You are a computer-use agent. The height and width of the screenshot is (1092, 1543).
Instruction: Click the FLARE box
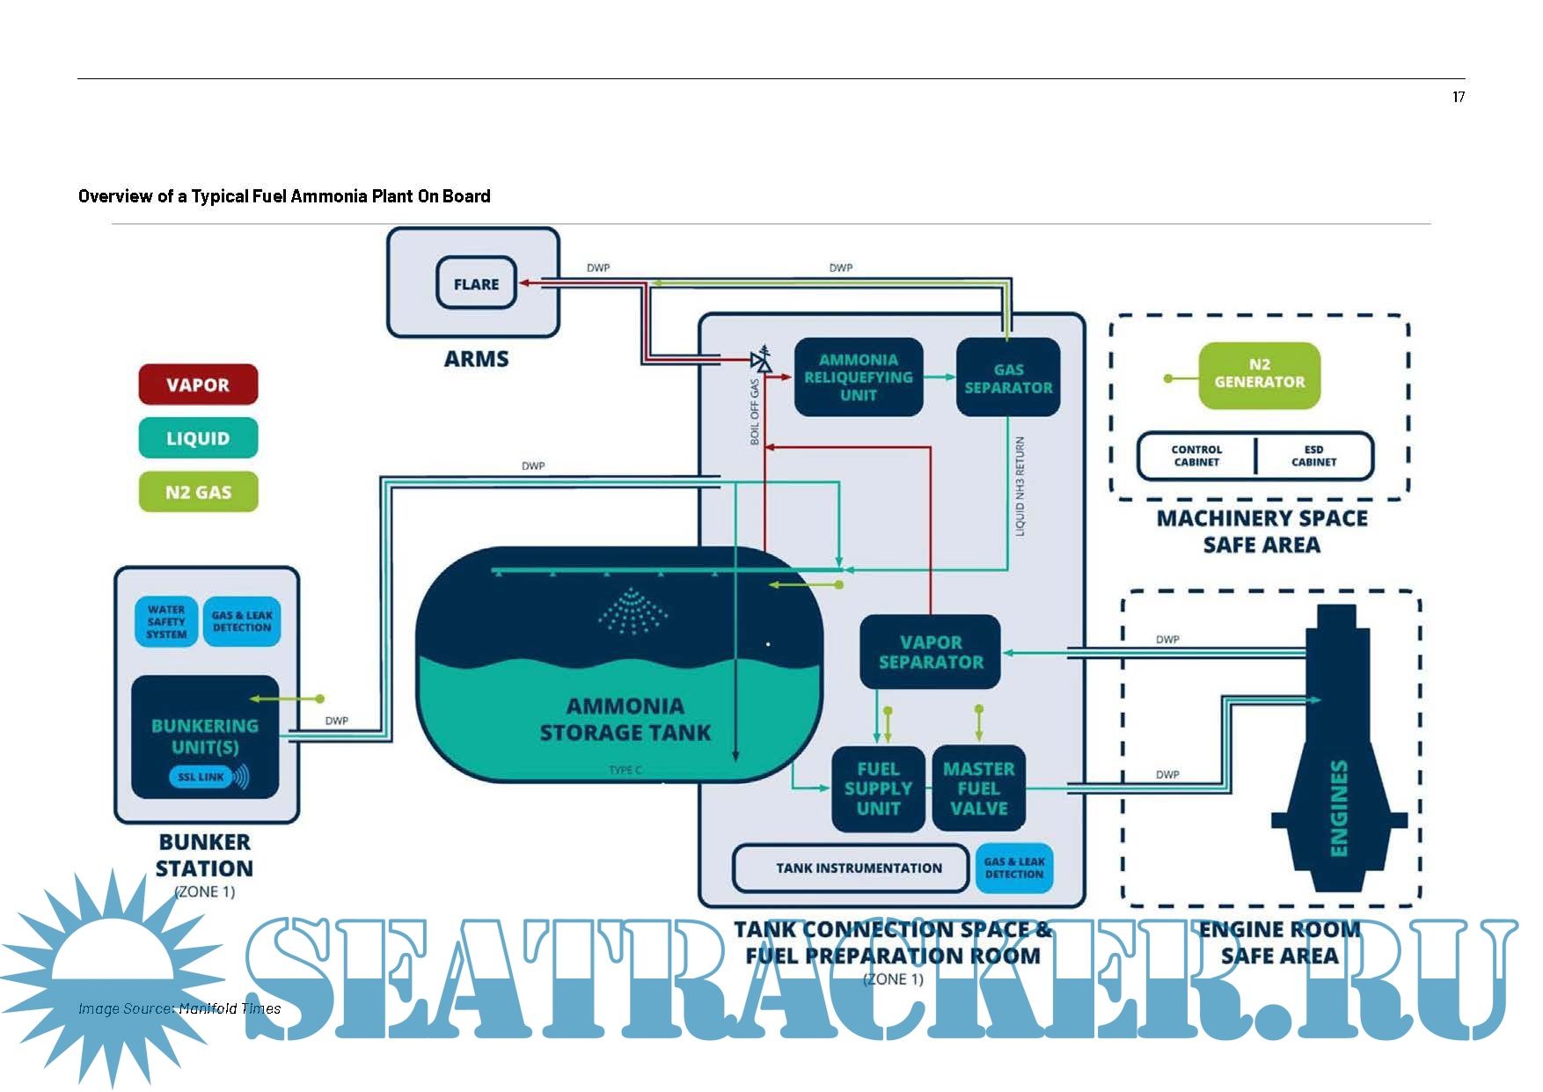[x=476, y=283]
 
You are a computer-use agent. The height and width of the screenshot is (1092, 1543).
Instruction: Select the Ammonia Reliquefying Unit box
[x=858, y=377]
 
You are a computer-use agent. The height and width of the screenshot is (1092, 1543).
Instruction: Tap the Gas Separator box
[x=1008, y=378]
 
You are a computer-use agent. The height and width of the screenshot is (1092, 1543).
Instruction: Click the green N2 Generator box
[x=1259, y=374]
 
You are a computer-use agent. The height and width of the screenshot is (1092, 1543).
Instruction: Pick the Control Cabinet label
[x=1196, y=456]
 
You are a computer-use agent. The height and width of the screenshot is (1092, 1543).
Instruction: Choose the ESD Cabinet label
[x=1313, y=456]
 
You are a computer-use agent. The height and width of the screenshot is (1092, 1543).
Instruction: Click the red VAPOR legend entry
[x=198, y=385]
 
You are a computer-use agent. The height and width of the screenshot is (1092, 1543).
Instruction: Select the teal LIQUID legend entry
[x=198, y=438]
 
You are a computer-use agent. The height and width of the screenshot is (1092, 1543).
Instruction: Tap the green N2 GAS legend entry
[x=198, y=492]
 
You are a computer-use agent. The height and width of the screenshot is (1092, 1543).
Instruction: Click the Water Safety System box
[x=166, y=622]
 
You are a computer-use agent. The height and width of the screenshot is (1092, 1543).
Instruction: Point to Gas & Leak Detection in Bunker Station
[x=242, y=622]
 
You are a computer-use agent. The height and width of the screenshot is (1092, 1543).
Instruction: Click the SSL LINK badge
[x=201, y=777]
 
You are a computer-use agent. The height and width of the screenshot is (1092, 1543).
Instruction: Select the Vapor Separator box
[x=931, y=652]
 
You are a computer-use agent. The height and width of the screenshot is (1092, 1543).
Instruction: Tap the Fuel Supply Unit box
[x=878, y=788]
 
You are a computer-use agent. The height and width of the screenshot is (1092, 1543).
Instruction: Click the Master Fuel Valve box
[x=978, y=788]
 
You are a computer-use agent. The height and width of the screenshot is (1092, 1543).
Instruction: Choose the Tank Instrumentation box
[x=858, y=868]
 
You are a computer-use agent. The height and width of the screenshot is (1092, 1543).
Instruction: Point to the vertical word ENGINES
[x=1338, y=808]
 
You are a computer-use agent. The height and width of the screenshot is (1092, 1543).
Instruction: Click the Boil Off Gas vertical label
[x=755, y=412]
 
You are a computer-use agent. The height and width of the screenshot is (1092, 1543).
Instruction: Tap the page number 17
[x=1459, y=97]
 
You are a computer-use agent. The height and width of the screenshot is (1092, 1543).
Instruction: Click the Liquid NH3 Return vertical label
[x=1020, y=486]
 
